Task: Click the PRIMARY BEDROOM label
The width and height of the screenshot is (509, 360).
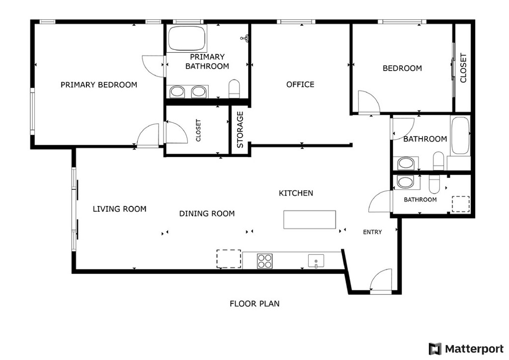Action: pyautogui.click(x=99, y=85)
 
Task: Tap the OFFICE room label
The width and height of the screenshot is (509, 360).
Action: pyautogui.click(x=300, y=85)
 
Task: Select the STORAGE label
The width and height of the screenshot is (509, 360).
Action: pyautogui.click(x=240, y=130)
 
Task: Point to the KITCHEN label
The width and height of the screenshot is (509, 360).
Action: pyautogui.click(x=296, y=193)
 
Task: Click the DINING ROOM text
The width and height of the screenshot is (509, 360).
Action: pyautogui.click(x=207, y=214)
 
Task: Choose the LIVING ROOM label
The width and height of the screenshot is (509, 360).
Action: pyautogui.click(x=119, y=209)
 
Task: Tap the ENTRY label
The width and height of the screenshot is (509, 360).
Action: pyautogui.click(x=372, y=232)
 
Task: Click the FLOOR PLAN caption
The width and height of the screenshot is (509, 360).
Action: pyautogui.click(x=254, y=303)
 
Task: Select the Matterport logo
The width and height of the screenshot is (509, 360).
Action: pyautogui.click(x=466, y=349)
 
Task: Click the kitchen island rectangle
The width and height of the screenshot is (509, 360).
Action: pyautogui.click(x=310, y=220)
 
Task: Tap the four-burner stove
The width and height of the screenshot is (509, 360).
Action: pyautogui.click(x=264, y=261)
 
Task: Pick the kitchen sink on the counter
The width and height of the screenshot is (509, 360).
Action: pyautogui.click(x=316, y=261)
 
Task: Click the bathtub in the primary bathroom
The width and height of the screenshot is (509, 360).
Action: pyautogui.click(x=187, y=38)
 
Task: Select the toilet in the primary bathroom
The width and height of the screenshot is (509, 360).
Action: pyautogui.click(x=234, y=89)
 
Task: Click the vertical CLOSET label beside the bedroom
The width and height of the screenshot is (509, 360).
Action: pyautogui.click(x=463, y=68)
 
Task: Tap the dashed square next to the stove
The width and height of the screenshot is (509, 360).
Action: pyautogui.click(x=229, y=259)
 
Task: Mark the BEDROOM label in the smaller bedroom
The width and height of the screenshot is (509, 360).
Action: pyautogui.click(x=402, y=68)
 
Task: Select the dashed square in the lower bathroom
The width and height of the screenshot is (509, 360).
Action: pyautogui.click(x=461, y=204)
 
